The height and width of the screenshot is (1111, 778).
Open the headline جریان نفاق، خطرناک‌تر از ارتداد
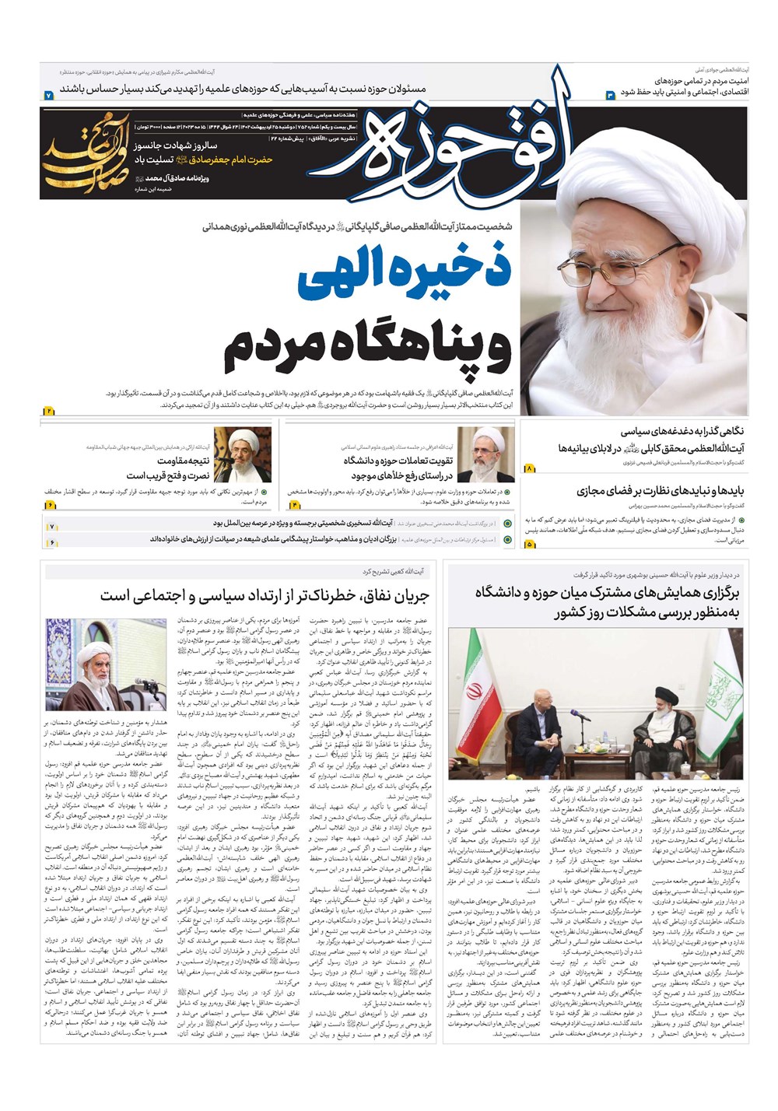click(265, 596)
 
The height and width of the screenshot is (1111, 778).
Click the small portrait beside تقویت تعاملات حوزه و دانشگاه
click(485, 454)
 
